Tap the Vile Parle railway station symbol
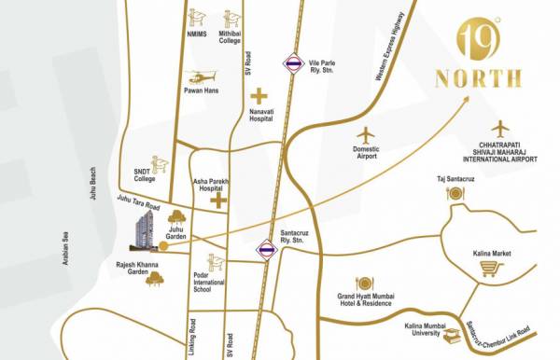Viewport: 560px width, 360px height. click(293, 63)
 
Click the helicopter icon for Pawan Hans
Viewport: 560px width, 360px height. click(200, 77)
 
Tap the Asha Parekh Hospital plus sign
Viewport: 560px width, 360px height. click(218, 200)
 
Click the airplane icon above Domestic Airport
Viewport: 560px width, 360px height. click(366, 132)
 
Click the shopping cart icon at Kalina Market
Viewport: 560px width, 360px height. click(488, 270)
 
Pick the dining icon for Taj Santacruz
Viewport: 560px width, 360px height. click(455, 194)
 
